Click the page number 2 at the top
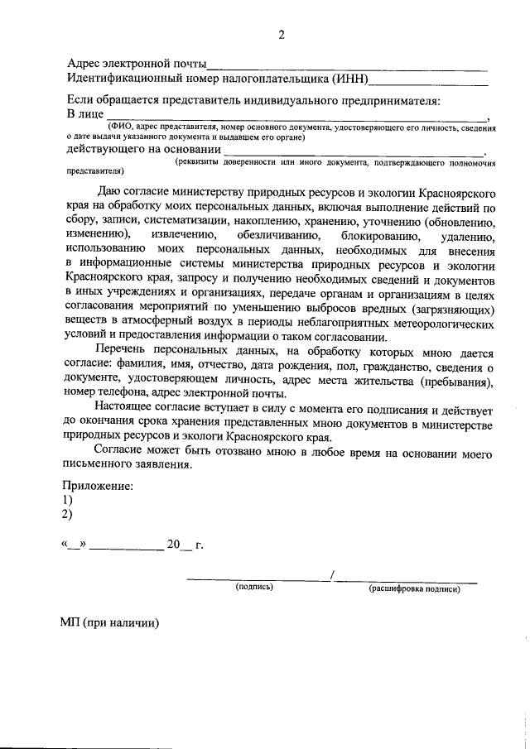tap(281, 34)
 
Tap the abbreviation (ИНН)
tap(349, 79)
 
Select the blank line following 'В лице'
tap(298, 118)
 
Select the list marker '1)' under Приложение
tap(68, 500)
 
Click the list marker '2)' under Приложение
tap(68, 515)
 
